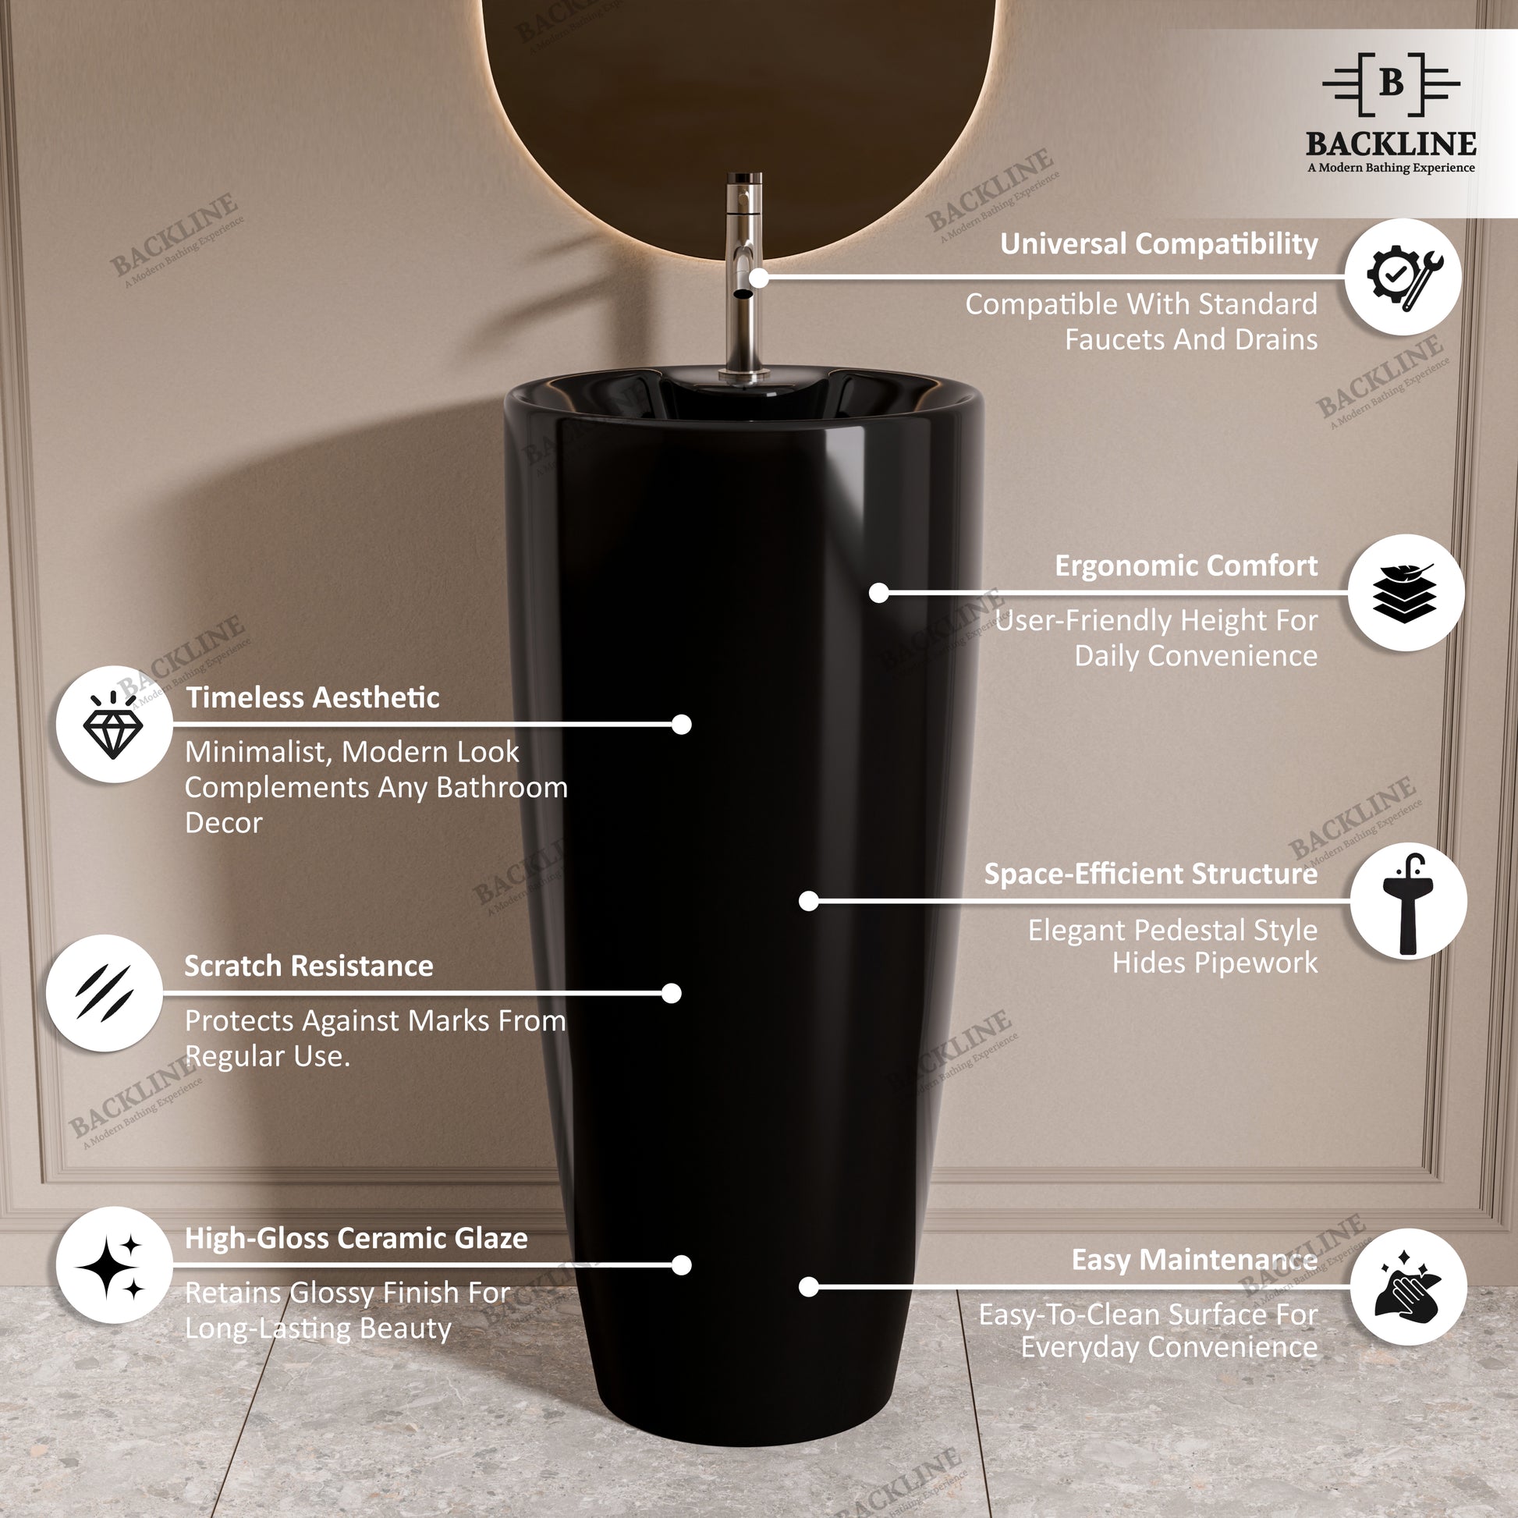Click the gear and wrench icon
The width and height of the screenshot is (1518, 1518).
[x=1403, y=277]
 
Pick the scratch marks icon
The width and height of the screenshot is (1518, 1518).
[x=105, y=993]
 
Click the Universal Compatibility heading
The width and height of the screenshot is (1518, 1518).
[x=1159, y=243]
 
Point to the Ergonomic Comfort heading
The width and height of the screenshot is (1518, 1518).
[x=1186, y=566]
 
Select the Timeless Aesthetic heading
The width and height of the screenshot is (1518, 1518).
[x=313, y=697]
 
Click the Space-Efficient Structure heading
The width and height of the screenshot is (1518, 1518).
[x=1151, y=874]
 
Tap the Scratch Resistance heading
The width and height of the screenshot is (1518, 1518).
[x=309, y=966]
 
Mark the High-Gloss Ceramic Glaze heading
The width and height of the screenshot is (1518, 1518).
[x=356, y=1238]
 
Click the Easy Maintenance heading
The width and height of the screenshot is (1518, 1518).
[x=1194, y=1260]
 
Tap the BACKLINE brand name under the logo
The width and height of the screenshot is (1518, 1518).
[x=1392, y=144]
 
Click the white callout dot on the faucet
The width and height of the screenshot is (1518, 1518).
[x=758, y=278]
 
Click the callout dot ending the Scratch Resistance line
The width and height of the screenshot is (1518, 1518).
[x=672, y=994]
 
